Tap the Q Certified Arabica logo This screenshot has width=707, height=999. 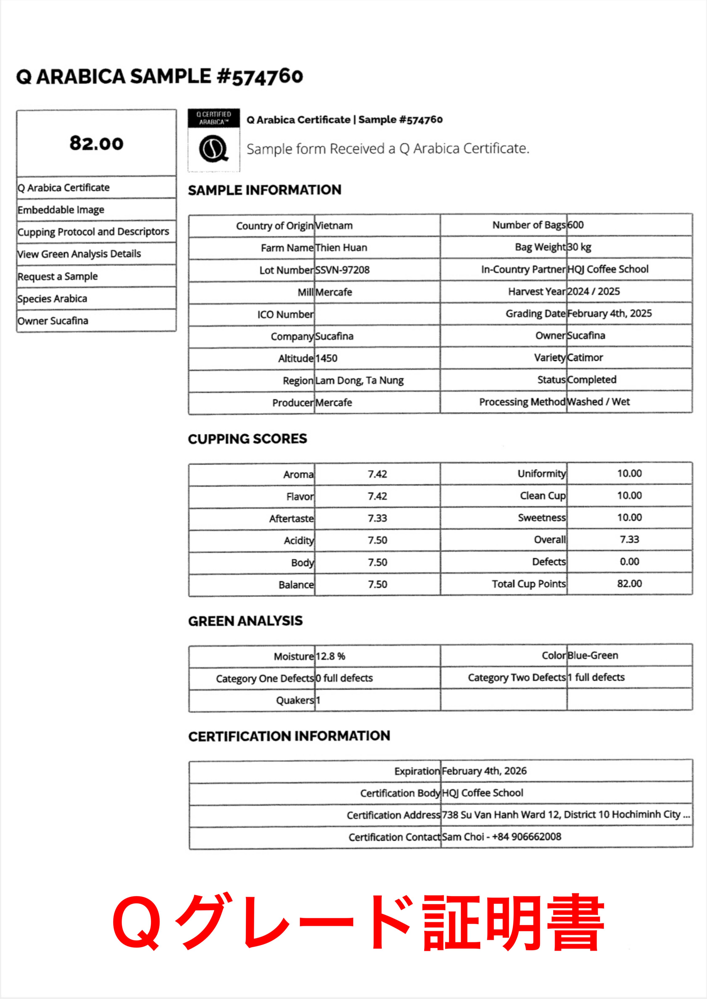(214, 140)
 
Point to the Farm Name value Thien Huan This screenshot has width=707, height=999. (341, 248)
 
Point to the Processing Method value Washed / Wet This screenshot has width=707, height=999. (598, 402)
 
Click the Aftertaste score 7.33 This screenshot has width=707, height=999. (377, 518)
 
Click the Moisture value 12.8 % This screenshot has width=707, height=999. (330, 656)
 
